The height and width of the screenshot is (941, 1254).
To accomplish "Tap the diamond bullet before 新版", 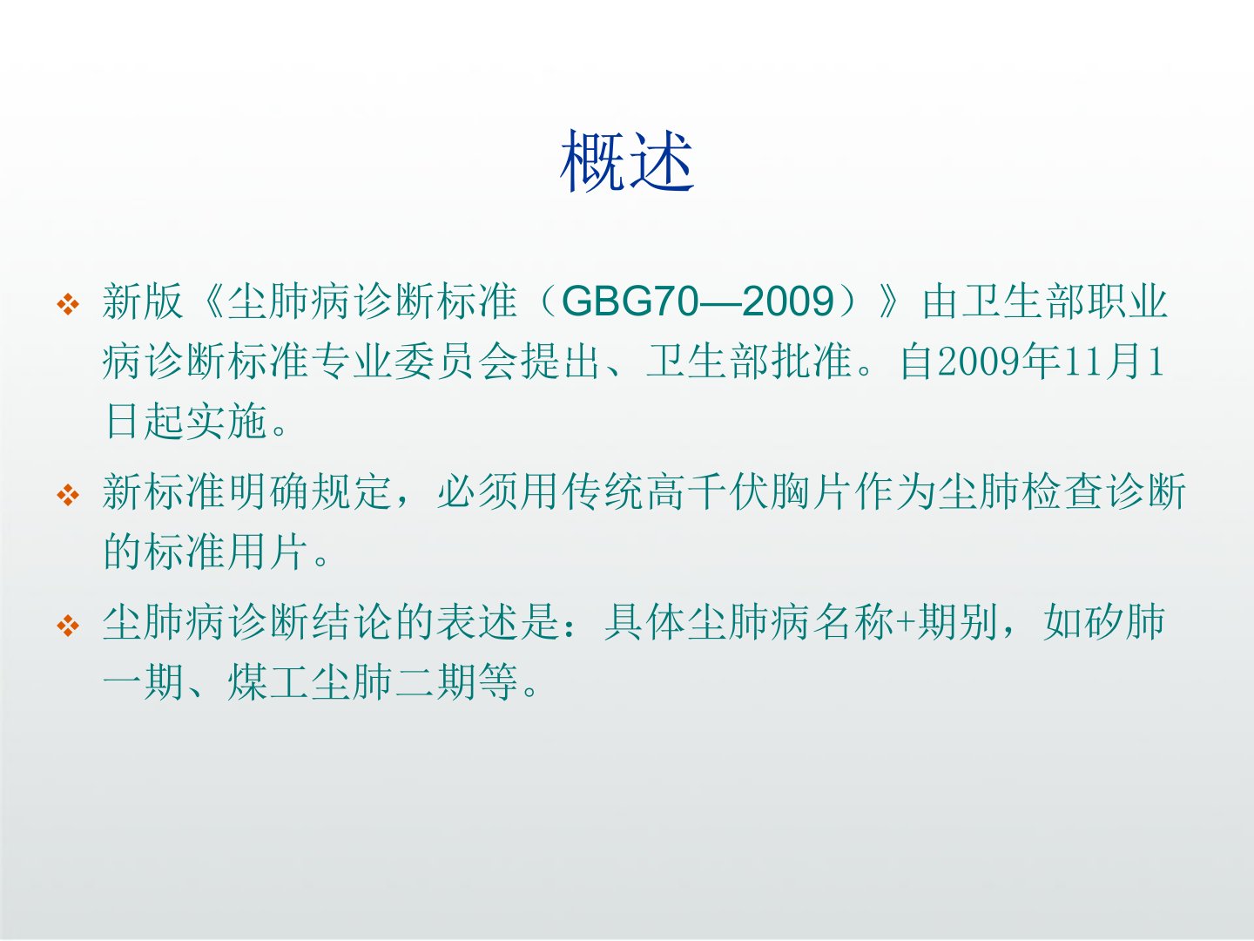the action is (x=68, y=304).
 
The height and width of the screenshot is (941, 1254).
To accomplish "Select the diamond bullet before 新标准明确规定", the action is (x=68, y=496).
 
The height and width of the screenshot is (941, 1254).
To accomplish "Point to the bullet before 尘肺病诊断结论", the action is (x=68, y=625).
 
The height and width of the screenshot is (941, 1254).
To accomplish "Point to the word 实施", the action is (x=226, y=422).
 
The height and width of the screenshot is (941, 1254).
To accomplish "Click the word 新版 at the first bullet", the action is (x=143, y=301).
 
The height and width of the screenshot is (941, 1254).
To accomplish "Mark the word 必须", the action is (x=477, y=492).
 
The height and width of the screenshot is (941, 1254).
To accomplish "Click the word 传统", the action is (x=603, y=492).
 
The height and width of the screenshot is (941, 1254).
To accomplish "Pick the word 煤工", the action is (x=268, y=682).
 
